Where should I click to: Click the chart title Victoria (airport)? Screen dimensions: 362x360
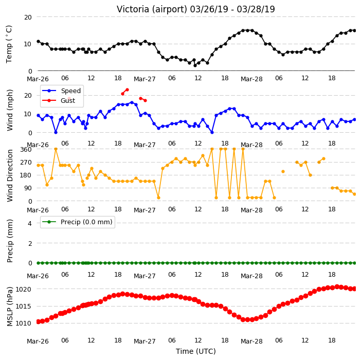[x=152, y=9]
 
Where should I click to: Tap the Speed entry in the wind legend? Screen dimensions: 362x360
[x=70, y=91]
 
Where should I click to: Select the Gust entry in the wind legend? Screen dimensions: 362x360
[x=68, y=101]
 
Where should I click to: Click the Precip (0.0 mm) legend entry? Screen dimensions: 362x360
[x=86, y=222]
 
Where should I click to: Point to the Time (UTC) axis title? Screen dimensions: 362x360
[x=196, y=351]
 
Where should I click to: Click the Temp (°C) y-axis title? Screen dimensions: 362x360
[x=9, y=44]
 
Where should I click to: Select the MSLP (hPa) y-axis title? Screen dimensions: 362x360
[x=10, y=307]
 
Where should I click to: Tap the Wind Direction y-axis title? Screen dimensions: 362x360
[x=10, y=176]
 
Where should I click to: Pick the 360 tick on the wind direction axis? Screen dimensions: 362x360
[x=26, y=150]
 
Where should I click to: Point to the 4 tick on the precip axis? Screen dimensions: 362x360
[x=30, y=223]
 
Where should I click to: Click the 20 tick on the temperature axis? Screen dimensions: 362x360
[x=28, y=17]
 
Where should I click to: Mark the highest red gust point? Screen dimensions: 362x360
[x=127, y=90]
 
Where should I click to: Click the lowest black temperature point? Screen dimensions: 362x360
[x=195, y=66]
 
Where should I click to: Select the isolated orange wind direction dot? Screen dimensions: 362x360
[x=283, y=172]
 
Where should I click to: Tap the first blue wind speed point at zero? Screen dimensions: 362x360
[x=56, y=132]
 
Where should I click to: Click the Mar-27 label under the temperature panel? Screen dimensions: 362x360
[x=144, y=79]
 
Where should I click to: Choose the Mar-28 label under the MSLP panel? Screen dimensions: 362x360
[x=251, y=341]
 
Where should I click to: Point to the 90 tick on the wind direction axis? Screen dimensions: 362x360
[x=28, y=188]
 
